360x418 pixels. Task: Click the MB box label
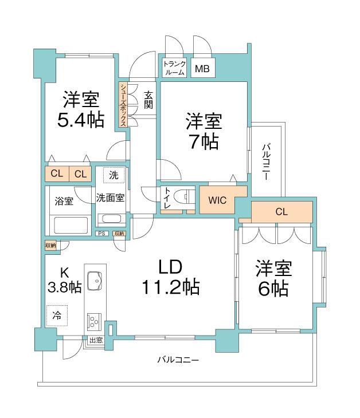click(201, 69)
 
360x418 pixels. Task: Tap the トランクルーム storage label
click(174, 68)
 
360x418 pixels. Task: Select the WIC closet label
click(217, 200)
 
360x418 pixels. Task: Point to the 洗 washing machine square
click(114, 175)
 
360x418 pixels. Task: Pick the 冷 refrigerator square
click(57, 314)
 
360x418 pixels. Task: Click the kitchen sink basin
click(95, 282)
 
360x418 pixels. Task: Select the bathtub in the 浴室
click(69, 225)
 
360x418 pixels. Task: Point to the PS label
click(101, 234)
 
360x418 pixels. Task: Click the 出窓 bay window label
click(95, 340)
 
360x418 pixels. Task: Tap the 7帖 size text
click(204, 141)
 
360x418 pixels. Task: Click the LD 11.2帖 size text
click(170, 286)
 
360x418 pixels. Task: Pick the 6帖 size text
click(273, 289)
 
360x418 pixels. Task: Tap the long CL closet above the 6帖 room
click(281, 211)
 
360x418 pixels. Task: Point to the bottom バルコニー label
click(178, 360)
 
